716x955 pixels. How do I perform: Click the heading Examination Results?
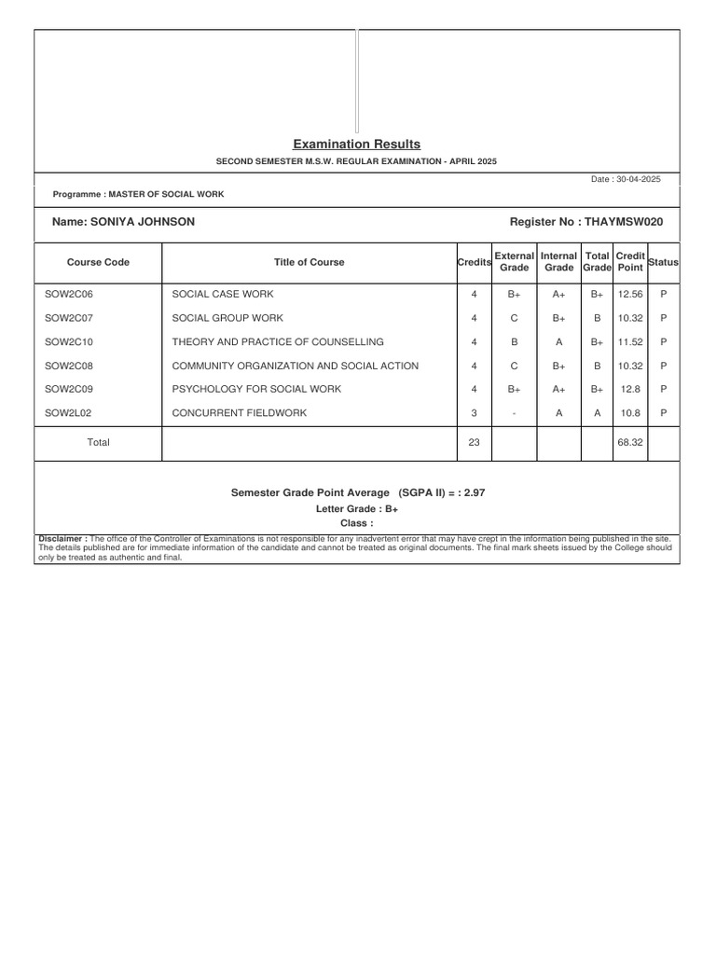(x=356, y=144)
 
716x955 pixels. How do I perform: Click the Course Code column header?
(x=98, y=262)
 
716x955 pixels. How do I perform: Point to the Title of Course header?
(x=309, y=262)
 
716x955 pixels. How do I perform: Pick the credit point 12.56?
(x=630, y=294)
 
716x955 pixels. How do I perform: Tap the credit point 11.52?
(x=630, y=342)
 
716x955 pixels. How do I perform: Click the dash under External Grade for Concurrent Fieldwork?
(x=514, y=413)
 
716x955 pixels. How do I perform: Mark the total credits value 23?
(x=474, y=443)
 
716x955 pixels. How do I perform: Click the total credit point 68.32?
(x=630, y=443)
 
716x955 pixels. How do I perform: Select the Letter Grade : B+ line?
(x=357, y=510)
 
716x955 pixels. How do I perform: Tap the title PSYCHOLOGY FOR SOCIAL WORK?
(x=243, y=389)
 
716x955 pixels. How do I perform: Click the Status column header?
(x=663, y=262)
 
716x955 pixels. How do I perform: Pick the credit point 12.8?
(x=630, y=389)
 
